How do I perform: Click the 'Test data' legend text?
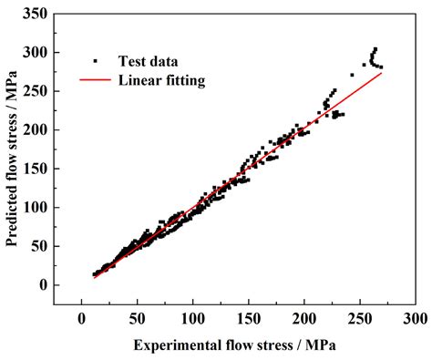[149, 62]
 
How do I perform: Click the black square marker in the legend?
[94, 62]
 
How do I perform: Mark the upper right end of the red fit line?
[381, 73]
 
